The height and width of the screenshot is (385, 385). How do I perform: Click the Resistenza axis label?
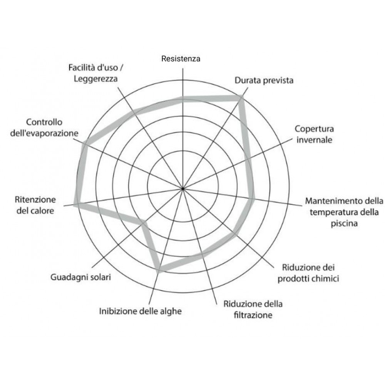[x=181, y=59]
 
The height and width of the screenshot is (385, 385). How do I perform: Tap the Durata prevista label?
[x=264, y=80]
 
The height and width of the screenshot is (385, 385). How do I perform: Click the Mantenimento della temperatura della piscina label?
[x=344, y=212]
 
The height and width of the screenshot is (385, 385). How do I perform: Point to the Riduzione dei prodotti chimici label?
[x=308, y=273]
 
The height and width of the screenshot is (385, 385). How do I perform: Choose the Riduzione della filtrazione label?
[x=253, y=310]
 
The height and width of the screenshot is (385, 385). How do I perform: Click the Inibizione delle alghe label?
[x=141, y=311]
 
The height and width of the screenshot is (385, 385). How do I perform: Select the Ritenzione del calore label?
[x=35, y=205]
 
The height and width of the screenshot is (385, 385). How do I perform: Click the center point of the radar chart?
[x=183, y=188]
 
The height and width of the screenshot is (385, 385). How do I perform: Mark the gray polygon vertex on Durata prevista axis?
[x=241, y=98]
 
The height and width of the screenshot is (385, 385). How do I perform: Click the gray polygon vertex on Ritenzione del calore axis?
[x=75, y=205]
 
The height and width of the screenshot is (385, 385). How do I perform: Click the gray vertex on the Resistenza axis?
[x=183, y=99]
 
